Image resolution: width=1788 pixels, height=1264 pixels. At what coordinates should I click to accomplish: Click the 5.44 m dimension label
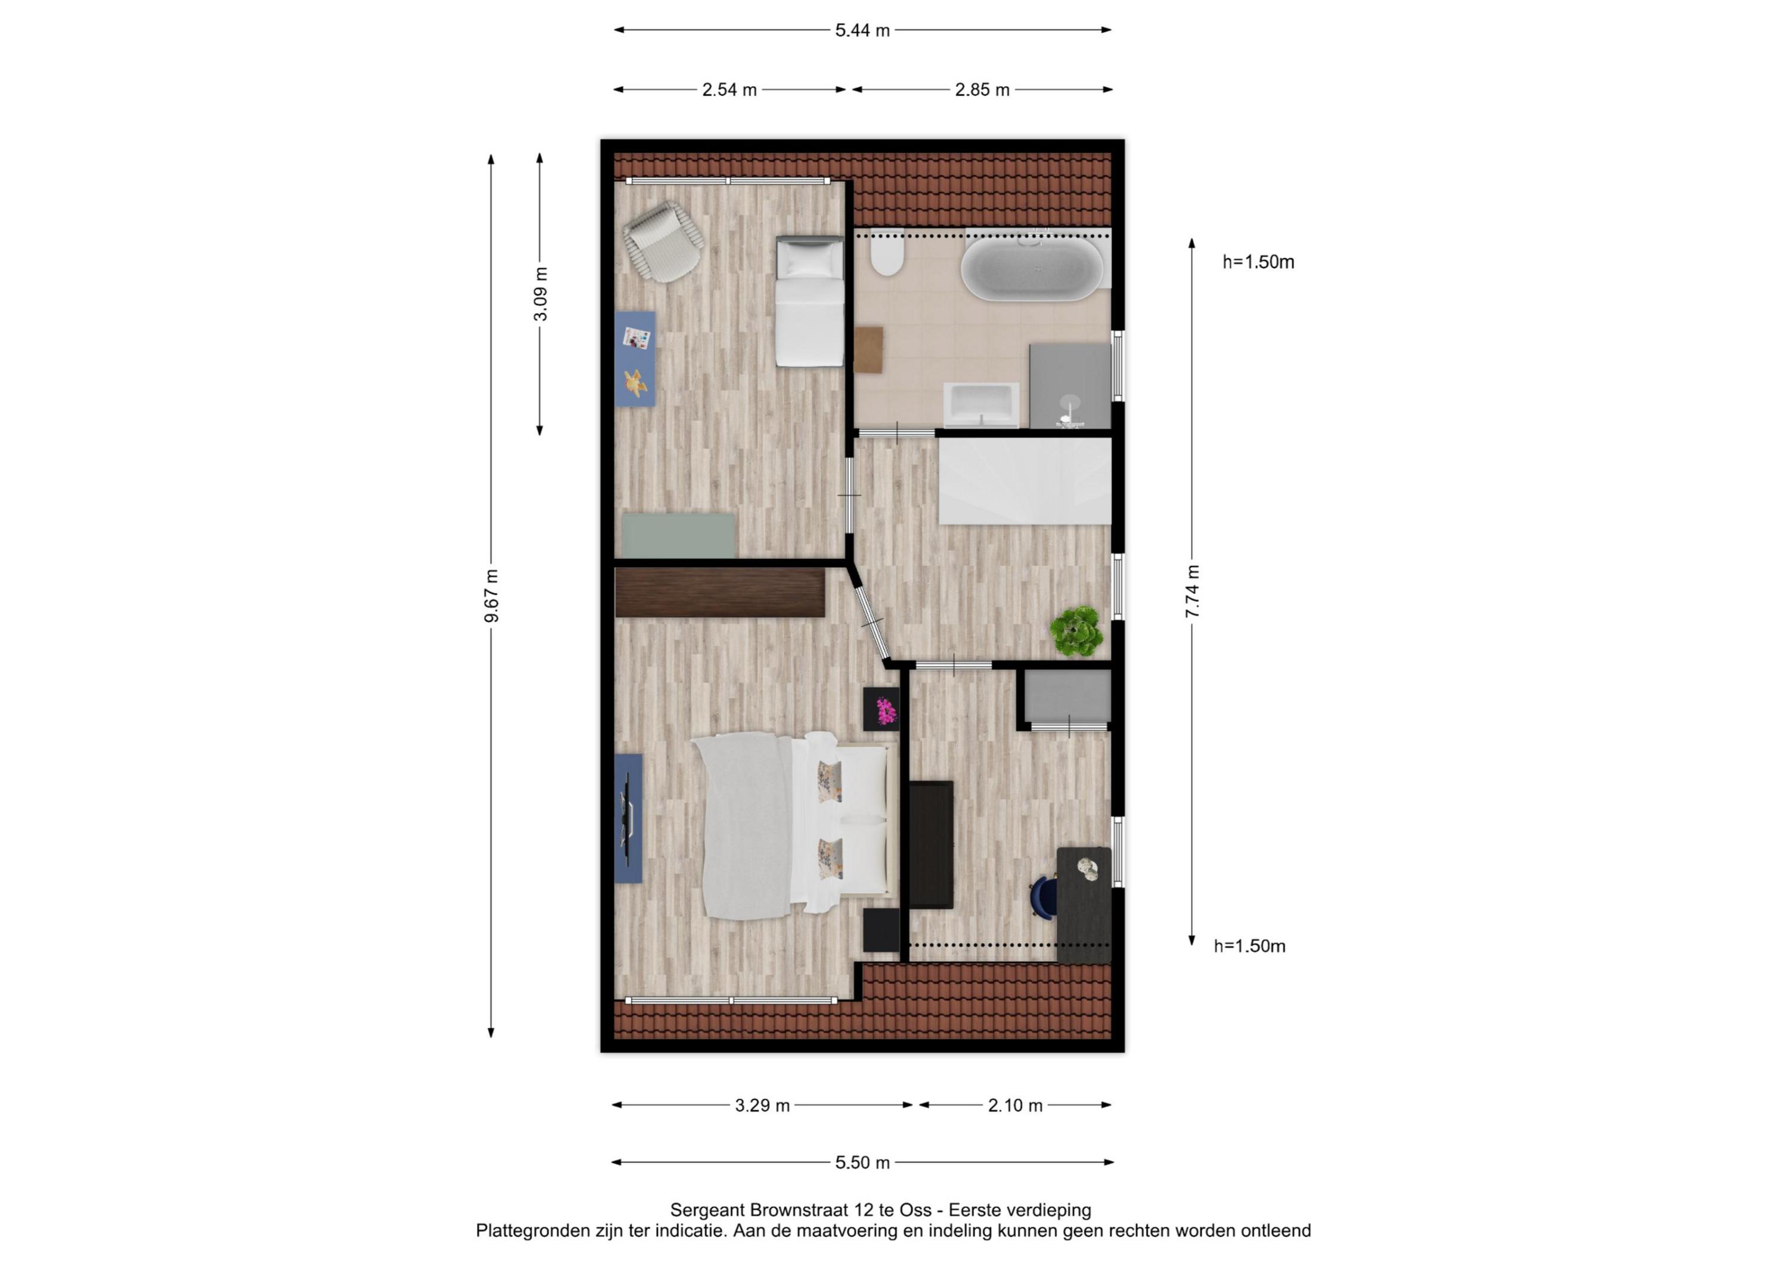click(x=862, y=30)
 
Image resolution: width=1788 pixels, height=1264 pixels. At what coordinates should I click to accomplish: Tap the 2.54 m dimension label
click(x=729, y=89)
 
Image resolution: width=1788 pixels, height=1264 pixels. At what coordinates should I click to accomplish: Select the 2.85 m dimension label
click(x=982, y=89)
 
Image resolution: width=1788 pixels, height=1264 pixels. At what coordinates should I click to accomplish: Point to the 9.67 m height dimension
click(x=491, y=596)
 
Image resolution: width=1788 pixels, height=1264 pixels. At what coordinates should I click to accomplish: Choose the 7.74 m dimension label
click(x=1192, y=592)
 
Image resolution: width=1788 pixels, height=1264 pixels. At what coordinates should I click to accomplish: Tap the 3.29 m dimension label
click(x=762, y=1105)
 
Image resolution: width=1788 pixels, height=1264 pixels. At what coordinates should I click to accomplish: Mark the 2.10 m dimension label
click(x=1015, y=1105)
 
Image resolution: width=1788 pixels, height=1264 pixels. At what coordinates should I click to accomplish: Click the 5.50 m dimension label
click(x=862, y=1163)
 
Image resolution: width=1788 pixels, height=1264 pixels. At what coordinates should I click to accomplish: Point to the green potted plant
click(x=1076, y=631)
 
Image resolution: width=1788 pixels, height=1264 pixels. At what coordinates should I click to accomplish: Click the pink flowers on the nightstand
click(x=886, y=710)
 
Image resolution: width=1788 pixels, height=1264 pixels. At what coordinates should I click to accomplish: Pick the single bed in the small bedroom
click(x=810, y=300)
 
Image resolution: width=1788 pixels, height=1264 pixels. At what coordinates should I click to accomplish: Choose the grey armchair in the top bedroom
click(x=663, y=241)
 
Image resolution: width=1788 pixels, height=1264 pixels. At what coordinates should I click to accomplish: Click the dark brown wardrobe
click(x=719, y=593)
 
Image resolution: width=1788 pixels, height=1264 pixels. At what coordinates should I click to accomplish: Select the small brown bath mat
click(x=868, y=350)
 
